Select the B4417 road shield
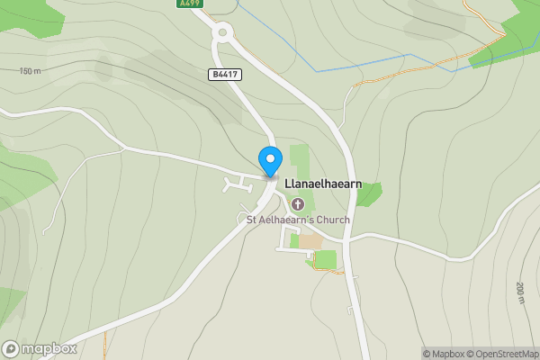pos(225,75)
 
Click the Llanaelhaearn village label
pos(323,184)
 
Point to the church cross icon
pos(297,203)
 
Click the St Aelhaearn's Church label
pos(298,220)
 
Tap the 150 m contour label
pos(30,71)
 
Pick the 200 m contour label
pos(520,293)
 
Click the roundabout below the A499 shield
pos(223,33)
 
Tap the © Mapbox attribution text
pos(442,354)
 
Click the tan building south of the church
pos(310,241)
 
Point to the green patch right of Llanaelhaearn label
pos(368,193)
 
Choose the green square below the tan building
pos(325,259)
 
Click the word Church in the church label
pos(329,220)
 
